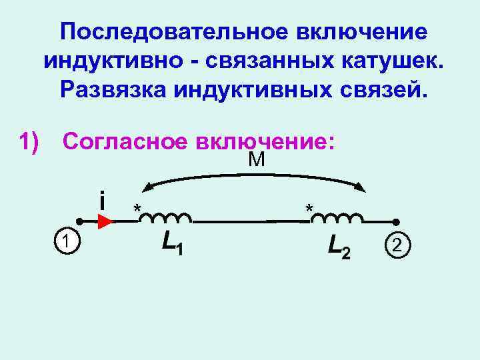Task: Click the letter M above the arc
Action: point(256,159)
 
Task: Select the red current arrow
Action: point(105,221)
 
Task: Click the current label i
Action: point(101,199)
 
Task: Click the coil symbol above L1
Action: point(169,217)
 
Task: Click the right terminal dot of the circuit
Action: point(396,221)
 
